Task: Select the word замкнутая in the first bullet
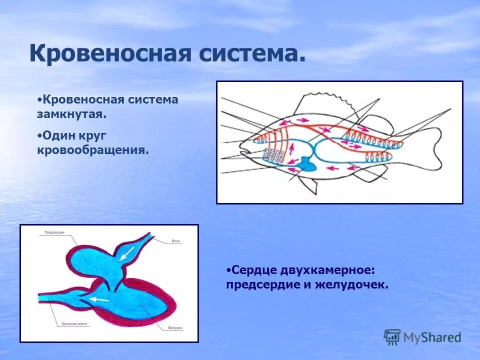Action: [x=71, y=114]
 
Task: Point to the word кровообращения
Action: [x=93, y=149]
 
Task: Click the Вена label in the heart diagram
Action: [x=175, y=241]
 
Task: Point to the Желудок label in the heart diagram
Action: [x=175, y=328]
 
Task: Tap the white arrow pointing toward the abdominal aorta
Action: [x=99, y=299]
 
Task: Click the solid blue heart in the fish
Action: [x=304, y=164]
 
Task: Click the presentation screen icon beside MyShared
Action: [x=392, y=336]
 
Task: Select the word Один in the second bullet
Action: [x=56, y=135]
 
